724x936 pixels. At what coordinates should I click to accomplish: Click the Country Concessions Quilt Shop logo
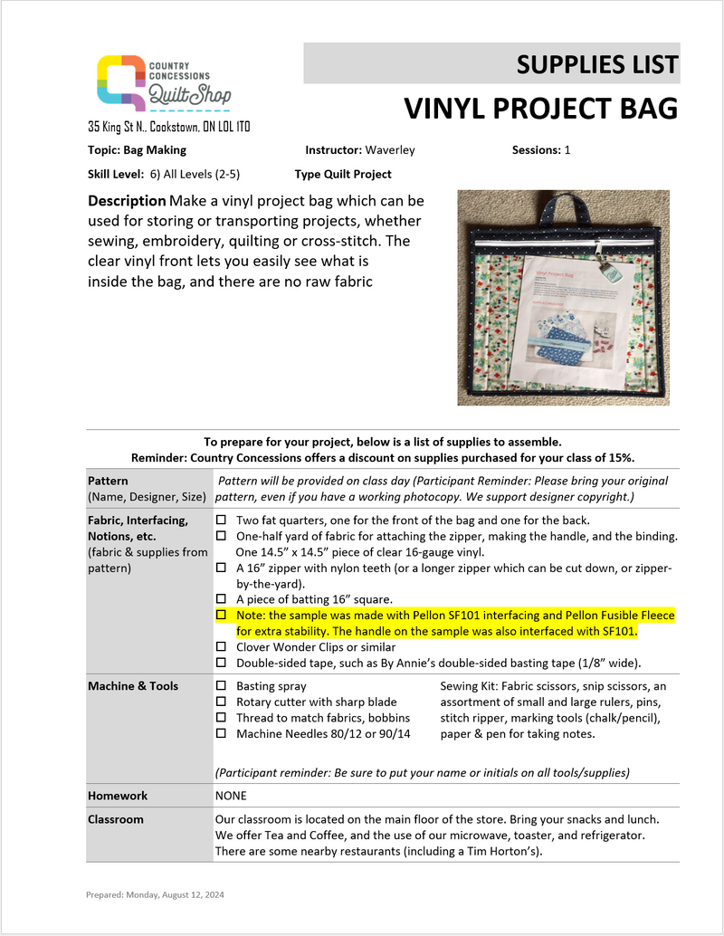point(163,84)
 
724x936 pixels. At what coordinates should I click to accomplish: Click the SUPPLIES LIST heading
point(597,64)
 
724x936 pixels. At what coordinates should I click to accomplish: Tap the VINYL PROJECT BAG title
point(540,109)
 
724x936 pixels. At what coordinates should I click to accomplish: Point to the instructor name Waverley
point(390,150)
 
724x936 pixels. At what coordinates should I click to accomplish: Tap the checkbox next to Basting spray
point(221,686)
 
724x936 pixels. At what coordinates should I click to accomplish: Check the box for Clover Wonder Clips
point(221,647)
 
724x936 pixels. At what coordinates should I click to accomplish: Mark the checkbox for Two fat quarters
point(221,521)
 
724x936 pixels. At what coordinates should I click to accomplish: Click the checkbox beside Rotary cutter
point(221,702)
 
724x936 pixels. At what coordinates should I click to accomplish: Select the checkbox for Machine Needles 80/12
point(221,733)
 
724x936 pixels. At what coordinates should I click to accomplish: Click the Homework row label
point(118,796)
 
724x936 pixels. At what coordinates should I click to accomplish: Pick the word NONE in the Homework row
point(231,796)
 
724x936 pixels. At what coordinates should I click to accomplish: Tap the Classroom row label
point(116,819)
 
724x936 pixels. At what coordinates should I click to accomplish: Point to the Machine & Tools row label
point(133,686)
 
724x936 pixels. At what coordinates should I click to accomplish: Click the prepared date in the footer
point(155,894)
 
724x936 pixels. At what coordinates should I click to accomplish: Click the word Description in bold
point(127,200)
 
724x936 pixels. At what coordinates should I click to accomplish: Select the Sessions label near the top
point(536,150)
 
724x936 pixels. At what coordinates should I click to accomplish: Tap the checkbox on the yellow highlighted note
point(221,616)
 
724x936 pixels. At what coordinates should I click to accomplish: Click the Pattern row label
point(109,481)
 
